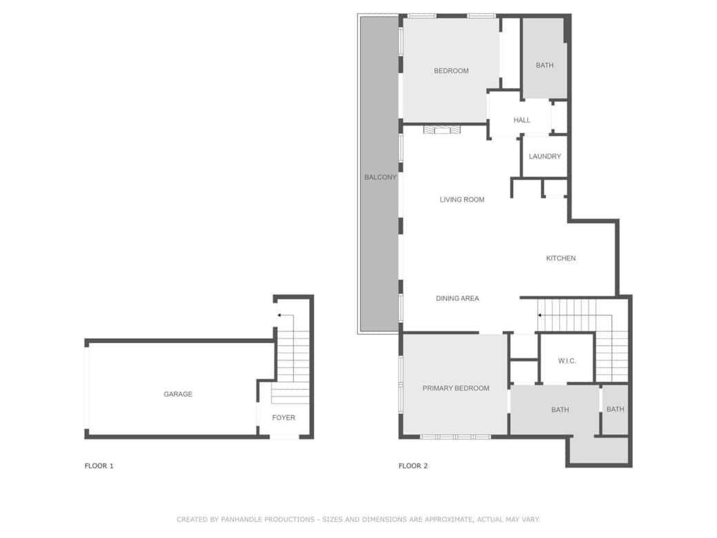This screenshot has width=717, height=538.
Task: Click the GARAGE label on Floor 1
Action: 178,395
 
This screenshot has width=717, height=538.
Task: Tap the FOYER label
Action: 283,418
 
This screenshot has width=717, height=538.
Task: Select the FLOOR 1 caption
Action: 99,466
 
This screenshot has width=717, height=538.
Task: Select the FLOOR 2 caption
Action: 413,466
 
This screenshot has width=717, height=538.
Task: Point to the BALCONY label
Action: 381,177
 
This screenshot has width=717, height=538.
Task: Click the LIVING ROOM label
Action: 462,200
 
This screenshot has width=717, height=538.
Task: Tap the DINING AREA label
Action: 457,299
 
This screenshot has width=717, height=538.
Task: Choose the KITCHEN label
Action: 561,259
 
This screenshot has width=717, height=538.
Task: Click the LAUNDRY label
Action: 545,157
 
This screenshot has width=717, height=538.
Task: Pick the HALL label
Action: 522,121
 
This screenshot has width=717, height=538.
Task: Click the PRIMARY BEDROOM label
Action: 456,388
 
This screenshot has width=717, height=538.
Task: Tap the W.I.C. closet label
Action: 567,361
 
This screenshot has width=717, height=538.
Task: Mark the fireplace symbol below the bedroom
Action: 441,129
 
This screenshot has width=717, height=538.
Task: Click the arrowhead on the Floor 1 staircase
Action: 278,315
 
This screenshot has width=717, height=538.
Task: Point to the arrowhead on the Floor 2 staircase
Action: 540,315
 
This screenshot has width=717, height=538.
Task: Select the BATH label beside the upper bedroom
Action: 545,66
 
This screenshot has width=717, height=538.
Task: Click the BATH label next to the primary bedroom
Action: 560,410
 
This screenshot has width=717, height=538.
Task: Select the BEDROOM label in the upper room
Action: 451,71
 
